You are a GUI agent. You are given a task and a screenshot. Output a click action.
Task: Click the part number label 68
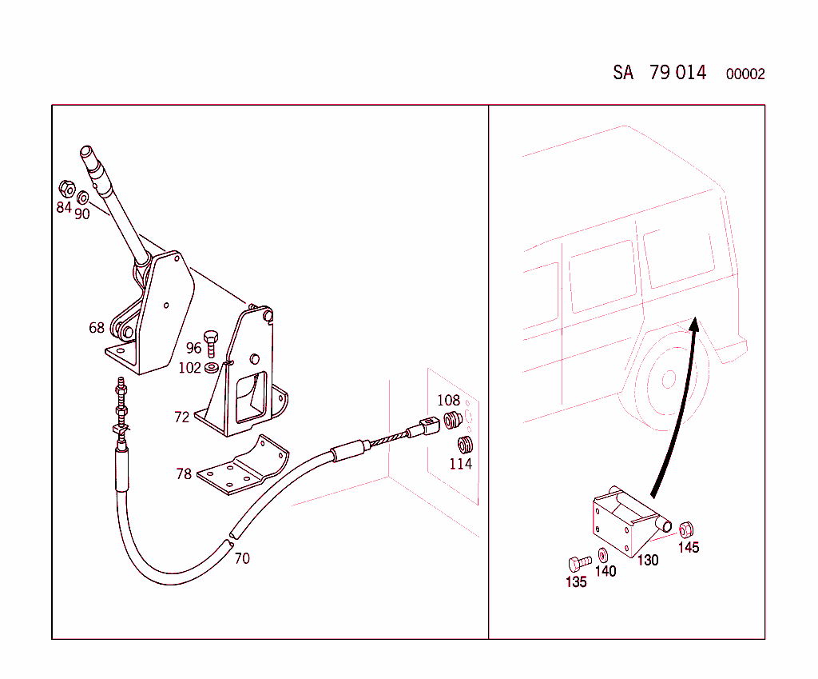[x=97, y=327]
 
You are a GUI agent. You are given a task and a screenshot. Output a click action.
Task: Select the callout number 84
[x=64, y=208]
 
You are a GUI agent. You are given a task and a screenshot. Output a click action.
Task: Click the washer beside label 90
[x=83, y=197]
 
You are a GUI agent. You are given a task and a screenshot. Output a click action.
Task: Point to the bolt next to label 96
[x=212, y=343]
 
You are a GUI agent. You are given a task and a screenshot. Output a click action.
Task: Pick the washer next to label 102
[x=212, y=368]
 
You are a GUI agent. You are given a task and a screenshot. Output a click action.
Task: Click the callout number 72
[x=182, y=417]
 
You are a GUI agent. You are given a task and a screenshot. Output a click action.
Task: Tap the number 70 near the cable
[x=241, y=558]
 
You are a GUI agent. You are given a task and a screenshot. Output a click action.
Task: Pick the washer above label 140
[x=602, y=554]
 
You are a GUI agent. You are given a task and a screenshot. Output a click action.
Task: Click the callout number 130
[x=648, y=560]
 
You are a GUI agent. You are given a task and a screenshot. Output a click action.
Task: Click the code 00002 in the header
[x=745, y=74]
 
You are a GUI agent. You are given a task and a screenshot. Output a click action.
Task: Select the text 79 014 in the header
[x=677, y=73]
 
